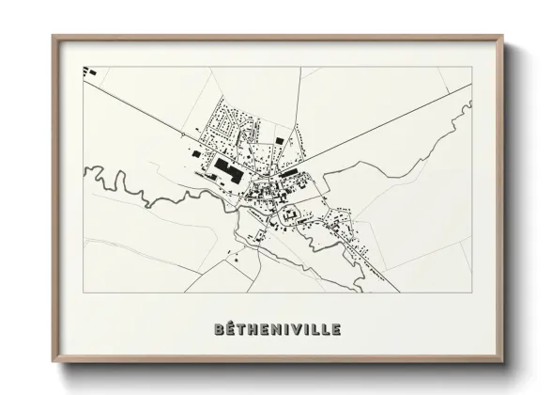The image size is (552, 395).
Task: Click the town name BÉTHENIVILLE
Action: (x=276, y=330)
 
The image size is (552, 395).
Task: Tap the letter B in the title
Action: (x=220, y=330)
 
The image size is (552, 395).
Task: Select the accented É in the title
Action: (x=232, y=329)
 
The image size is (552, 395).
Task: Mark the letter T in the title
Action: (x=243, y=330)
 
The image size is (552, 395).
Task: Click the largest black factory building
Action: (x=227, y=170)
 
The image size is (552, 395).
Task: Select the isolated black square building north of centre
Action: (x=279, y=141)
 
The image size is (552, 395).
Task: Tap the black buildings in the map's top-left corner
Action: (x=90, y=71)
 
